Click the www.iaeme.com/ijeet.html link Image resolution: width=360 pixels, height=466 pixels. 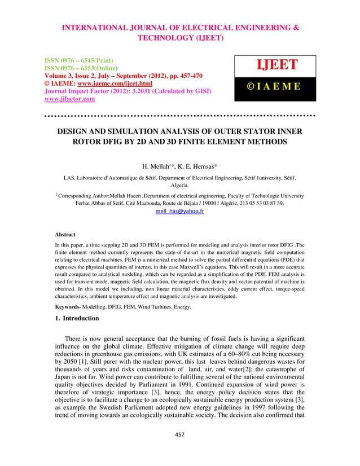point(104,81)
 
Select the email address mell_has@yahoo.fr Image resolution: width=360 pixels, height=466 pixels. point(179,212)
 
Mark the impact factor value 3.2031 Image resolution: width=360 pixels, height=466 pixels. point(144,90)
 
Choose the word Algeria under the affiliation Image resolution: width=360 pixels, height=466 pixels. point(179,184)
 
